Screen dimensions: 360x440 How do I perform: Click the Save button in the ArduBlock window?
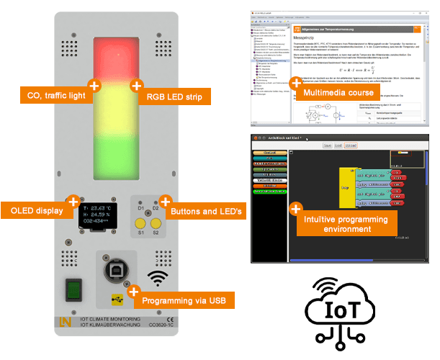(327, 145)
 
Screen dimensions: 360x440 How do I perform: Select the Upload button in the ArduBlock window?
(351, 145)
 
